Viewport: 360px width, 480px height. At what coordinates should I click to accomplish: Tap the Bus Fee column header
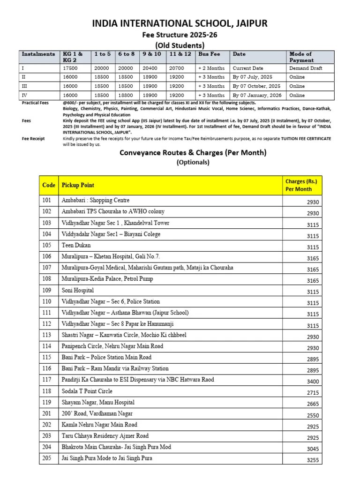[209, 54]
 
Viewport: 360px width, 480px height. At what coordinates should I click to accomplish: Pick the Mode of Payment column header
[301, 57]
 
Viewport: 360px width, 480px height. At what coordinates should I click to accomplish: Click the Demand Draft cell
[306, 68]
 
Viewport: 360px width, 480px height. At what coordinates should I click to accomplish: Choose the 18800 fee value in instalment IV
[126, 95]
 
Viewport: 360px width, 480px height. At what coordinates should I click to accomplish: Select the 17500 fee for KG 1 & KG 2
[70, 68]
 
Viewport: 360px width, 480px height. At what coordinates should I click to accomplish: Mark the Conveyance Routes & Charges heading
[193, 152]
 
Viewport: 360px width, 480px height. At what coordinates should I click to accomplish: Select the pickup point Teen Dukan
[76, 245]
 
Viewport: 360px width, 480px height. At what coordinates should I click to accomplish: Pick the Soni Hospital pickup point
[78, 290]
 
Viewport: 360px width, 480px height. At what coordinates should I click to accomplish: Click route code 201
[47, 413]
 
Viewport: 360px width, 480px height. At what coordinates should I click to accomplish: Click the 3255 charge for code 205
[313, 460]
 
